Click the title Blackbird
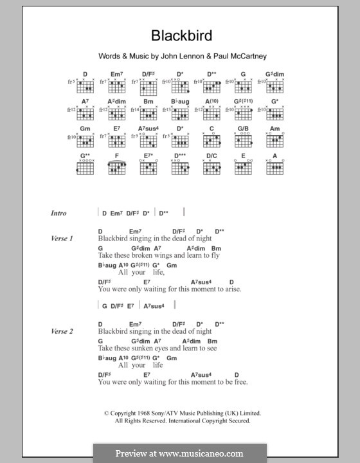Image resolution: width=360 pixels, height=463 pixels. tap(180, 36)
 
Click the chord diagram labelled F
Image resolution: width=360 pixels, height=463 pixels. tap(116, 168)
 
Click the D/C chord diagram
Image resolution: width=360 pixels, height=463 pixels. tap(212, 168)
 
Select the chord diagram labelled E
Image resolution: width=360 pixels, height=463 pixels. tap(243, 168)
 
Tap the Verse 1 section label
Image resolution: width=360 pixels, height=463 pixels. tap(62, 239)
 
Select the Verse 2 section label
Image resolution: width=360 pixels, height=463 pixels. tap(62, 331)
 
